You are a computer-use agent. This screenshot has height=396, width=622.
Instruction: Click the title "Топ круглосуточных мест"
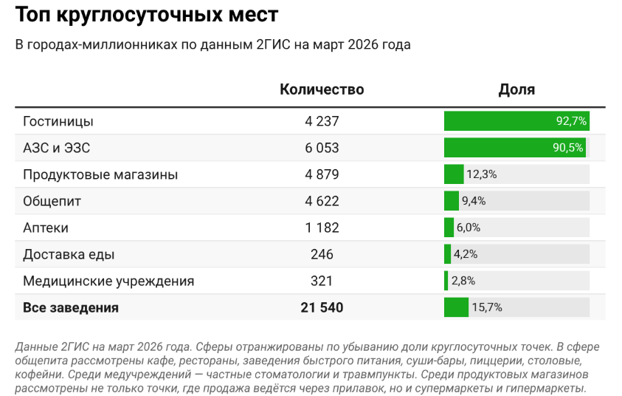click(x=147, y=15)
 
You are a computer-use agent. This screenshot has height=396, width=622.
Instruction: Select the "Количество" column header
click(x=322, y=90)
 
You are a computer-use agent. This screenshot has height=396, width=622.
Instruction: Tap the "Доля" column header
click(x=516, y=90)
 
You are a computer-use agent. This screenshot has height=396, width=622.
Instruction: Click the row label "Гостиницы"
click(x=58, y=121)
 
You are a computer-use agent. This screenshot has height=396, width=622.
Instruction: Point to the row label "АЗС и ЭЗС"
click(x=57, y=148)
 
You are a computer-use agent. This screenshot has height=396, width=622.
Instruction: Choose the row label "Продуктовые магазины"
click(x=100, y=174)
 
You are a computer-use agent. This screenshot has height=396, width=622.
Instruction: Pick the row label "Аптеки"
click(x=46, y=228)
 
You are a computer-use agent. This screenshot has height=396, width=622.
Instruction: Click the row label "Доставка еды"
click(x=69, y=254)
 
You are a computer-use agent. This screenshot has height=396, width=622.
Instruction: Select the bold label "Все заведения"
click(x=71, y=307)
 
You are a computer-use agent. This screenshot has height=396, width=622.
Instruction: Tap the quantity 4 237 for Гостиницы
click(x=322, y=121)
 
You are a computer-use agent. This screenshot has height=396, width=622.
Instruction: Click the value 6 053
click(x=322, y=148)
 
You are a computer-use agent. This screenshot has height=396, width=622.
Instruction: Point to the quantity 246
click(x=322, y=254)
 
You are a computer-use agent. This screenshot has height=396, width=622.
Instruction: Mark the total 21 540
click(x=322, y=307)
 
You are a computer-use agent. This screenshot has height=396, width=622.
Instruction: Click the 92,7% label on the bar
click(x=571, y=121)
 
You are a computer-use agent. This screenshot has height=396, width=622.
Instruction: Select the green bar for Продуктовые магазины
click(x=453, y=174)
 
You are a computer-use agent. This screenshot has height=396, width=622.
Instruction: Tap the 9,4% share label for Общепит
click(x=474, y=201)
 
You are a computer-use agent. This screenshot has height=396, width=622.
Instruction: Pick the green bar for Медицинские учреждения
click(x=446, y=281)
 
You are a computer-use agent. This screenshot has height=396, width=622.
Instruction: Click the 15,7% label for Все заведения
click(x=487, y=307)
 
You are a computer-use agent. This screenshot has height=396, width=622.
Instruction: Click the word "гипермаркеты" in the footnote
click(x=550, y=387)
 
